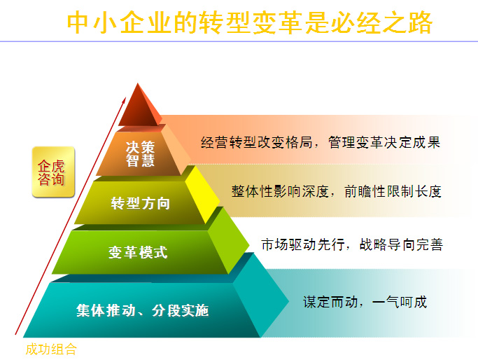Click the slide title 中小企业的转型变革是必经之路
(250, 22)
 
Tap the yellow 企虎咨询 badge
(53, 172)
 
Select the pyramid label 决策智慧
(140, 154)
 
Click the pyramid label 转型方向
(140, 203)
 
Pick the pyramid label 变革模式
(138, 252)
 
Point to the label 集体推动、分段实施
(142, 310)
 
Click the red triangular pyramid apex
(139, 105)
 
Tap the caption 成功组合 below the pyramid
(51, 349)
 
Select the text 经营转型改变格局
(256, 142)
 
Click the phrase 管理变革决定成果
(384, 142)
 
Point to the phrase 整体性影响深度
(279, 192)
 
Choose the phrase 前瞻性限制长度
(393, 192)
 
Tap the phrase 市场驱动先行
(303, 244)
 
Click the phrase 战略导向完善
(401, 244)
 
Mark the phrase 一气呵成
(400, 302)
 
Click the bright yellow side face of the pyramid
(202, 193)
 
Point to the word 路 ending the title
(420, 22)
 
